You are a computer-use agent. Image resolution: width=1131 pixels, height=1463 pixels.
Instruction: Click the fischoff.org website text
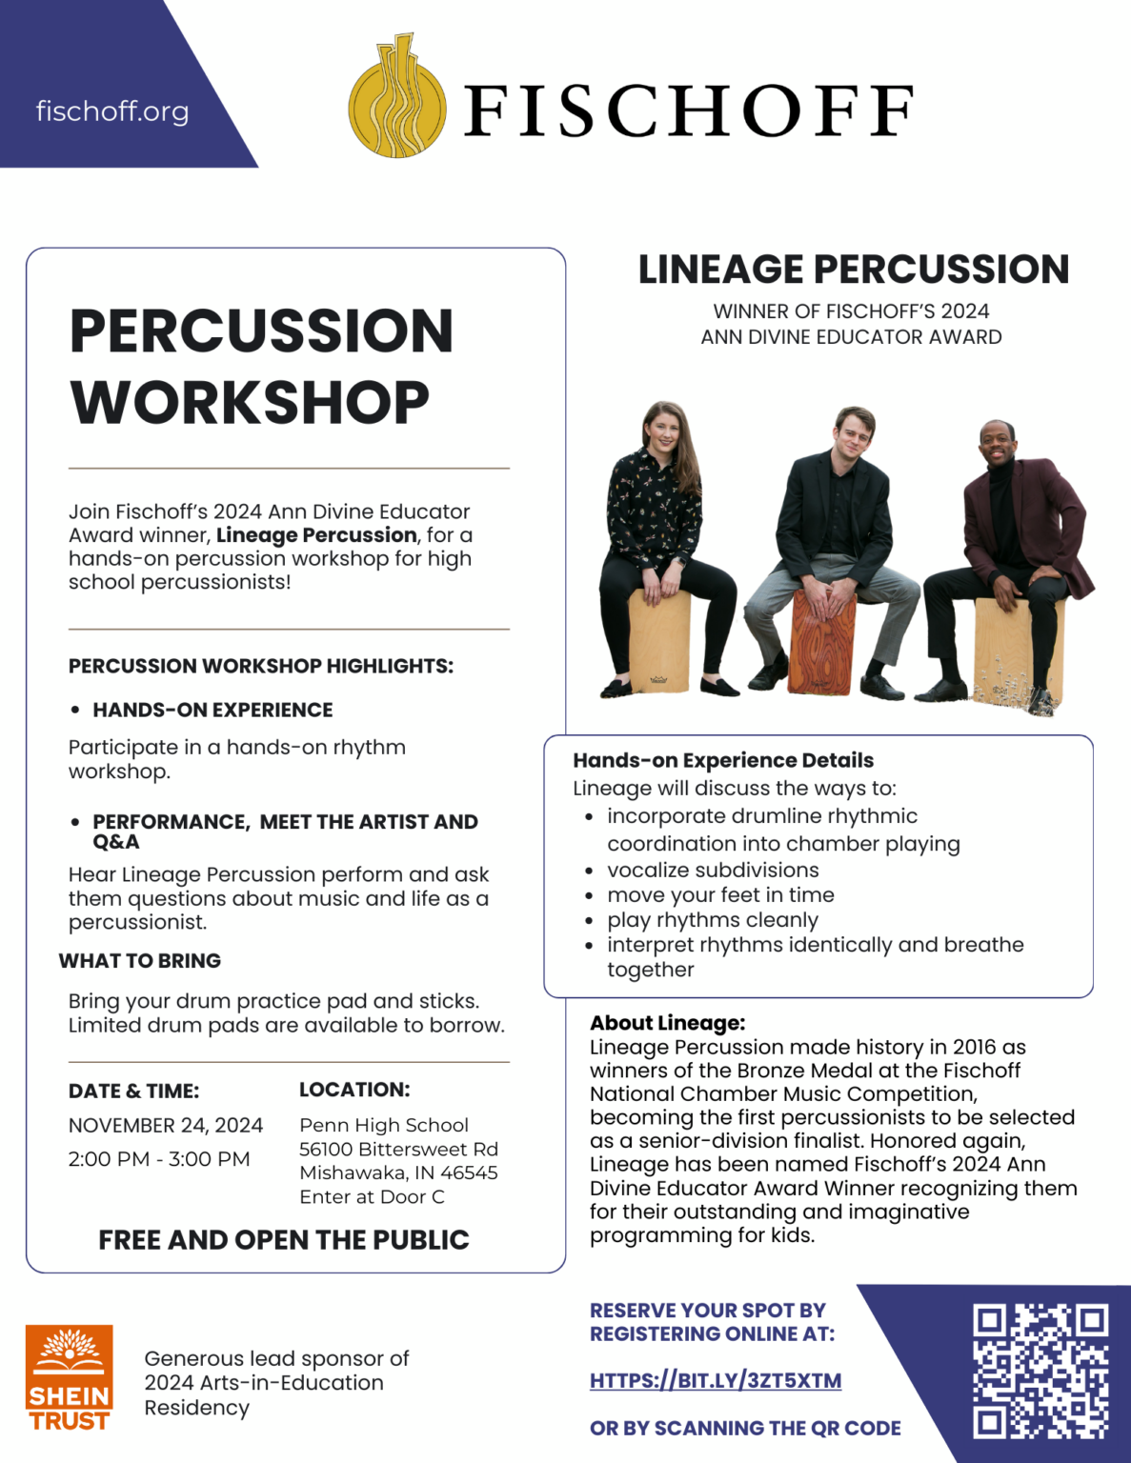(112, 111)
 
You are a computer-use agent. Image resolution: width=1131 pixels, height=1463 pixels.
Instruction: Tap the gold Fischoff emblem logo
(397, 98)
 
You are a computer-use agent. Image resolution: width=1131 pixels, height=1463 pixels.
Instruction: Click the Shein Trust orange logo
(69, 1378)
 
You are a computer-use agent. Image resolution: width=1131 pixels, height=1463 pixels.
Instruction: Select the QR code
(1040, 1371)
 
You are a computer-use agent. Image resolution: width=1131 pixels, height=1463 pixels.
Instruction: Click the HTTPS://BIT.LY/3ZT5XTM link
(715, 1380)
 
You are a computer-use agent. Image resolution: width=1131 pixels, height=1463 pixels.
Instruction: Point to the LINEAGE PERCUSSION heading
(853, 270)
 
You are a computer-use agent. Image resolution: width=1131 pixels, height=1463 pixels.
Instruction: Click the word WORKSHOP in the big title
(250, 402)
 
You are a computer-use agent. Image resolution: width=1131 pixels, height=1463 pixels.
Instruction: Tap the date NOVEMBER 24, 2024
(166, 1125)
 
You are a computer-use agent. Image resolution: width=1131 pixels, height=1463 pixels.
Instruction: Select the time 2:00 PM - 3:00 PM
(159, 1159)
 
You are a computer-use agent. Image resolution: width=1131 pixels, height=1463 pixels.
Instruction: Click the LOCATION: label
(354, 1090)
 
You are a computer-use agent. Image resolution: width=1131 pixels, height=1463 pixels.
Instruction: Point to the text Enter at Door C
(372, 1196)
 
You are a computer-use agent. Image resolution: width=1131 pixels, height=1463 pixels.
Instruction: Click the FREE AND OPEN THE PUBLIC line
(284, 1239)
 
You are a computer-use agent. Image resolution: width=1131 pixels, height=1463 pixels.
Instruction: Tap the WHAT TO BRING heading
(140, 960)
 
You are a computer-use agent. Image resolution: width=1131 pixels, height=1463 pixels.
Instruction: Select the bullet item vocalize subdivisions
(713, 870)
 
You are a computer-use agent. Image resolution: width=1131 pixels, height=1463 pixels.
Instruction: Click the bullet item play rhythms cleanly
(713, 920)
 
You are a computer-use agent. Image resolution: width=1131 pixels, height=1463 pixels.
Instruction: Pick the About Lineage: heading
(667, 1022)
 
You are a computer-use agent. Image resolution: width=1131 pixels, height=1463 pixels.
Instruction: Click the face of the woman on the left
(664, 431)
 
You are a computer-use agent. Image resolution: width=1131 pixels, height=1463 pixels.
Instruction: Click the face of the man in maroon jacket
(997, 445)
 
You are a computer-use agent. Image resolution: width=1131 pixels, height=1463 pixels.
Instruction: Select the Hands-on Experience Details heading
(723, 760)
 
